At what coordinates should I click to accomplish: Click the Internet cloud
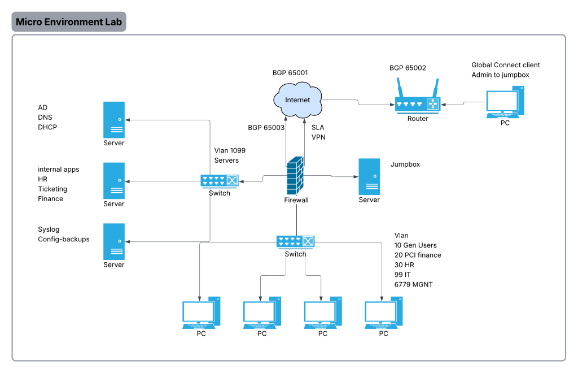tap(297, 99)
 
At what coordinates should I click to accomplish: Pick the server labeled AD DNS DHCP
tap(113, 120)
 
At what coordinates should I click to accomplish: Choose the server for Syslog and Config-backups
tap(113, 241)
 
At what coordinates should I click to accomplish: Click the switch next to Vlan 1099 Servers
tap(220, 181)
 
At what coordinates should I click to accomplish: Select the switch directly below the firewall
tap(295, 241)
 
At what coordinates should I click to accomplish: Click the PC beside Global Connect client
tap(505, 102)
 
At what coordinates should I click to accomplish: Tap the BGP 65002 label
tap(408, 68)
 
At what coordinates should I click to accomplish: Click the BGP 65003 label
tap(266, 128)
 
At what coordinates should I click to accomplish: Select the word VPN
tap(318, 137)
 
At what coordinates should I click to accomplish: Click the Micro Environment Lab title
tap(69, 22)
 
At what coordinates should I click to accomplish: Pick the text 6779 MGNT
tap(414, 284)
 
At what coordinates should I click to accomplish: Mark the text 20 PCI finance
tap(418, 255)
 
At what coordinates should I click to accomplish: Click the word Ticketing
tap(52, 189)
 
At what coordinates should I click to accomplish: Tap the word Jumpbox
tap(405, 164)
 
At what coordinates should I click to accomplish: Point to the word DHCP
tap(47, 127)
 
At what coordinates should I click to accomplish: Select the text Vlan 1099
tap(230, 151)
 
